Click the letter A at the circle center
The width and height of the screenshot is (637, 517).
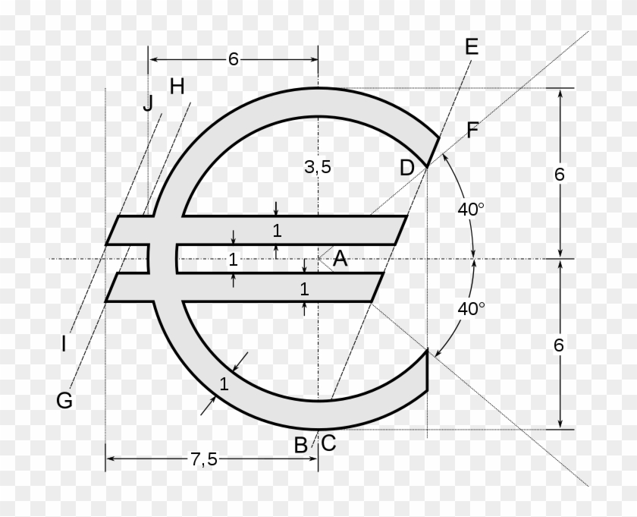[340, 260]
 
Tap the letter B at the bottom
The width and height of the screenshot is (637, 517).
[301, 445]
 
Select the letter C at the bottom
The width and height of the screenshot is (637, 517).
[328, 443]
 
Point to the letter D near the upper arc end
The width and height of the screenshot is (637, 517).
[407, 168]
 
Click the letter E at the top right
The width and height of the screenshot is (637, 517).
[471, 46]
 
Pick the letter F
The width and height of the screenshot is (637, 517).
[472, 131]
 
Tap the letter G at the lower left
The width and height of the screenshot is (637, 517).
[64, 400]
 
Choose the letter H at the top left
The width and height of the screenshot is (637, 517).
[177, 87]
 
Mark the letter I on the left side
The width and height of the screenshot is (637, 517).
[64, 344]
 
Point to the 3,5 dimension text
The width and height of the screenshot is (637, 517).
[318, 168]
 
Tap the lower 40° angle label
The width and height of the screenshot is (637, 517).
[471, 308]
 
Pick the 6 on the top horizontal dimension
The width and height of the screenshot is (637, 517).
[233, 59]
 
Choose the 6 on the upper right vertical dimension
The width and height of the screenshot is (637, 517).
[560, 174]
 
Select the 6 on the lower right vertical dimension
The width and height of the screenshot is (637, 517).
[560, 345]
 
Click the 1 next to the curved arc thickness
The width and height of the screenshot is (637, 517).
[224, 384]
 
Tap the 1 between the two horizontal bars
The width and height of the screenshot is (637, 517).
[234, 259]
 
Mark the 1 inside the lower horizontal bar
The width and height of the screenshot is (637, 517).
[304, 288]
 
